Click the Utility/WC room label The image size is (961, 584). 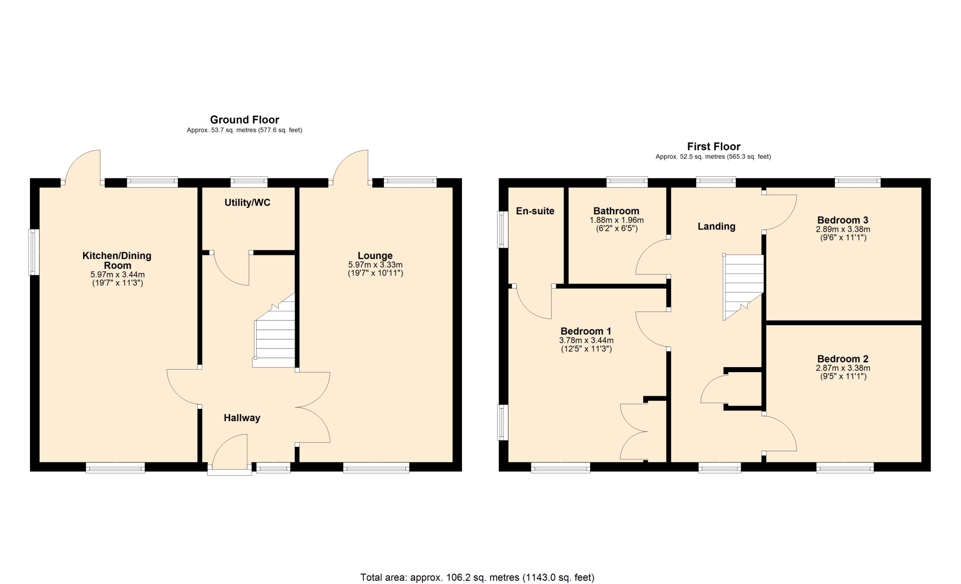pos(247,203)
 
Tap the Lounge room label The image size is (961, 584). pos(375,256)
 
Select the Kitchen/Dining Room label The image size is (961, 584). pos(117,260)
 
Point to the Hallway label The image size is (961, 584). pos(242,418)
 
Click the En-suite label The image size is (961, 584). pos(535,211)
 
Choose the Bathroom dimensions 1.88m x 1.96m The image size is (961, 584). pos(617,220)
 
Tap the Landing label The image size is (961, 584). pos(717,226)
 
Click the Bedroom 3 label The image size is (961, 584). pos(843,220)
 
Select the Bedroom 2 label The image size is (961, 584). pos(843,359)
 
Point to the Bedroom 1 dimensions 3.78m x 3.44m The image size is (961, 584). pos(586,341)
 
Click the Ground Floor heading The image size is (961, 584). pos(244,120)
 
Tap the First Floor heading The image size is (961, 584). pos(714,147)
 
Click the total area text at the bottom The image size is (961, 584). pos(477,577)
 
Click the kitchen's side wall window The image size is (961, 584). pos(34,252)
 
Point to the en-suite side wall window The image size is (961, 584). pos(502,229)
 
